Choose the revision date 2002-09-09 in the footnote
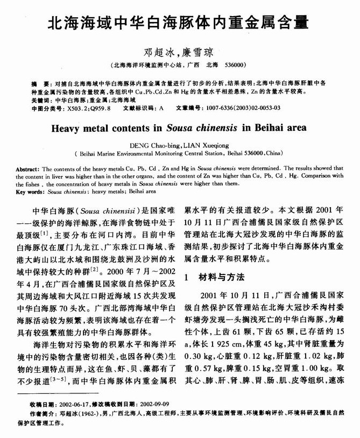point(154,419)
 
